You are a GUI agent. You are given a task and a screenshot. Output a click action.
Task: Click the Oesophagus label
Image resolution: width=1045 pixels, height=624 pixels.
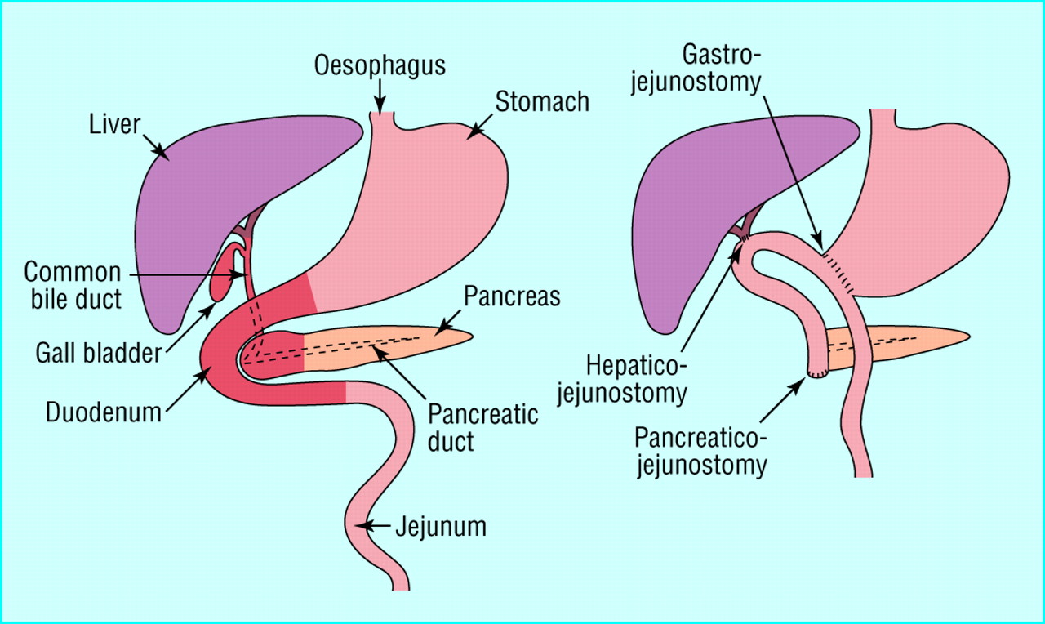click(x=380, y=65)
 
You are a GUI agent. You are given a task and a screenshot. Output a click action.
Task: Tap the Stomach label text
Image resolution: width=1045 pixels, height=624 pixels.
click(x=542, y=102)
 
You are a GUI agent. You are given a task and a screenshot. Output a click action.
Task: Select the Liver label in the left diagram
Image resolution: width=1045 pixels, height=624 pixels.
click(x=116, y=125)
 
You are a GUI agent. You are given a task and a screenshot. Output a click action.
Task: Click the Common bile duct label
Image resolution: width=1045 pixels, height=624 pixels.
click(x=73, y=284)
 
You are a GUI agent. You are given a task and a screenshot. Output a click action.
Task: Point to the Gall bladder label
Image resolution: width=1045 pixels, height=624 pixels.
click(x=97, y=354)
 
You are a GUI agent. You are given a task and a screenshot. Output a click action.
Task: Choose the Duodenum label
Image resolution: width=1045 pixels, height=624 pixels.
click(x=102, y=411)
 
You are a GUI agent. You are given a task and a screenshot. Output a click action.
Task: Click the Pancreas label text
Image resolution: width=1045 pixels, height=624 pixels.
click(x=512, y=296)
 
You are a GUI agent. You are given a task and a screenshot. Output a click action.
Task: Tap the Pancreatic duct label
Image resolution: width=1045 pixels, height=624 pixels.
click(x=483, y=427)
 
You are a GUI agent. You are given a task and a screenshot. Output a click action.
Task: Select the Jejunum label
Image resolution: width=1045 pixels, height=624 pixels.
click(x=441, y=527)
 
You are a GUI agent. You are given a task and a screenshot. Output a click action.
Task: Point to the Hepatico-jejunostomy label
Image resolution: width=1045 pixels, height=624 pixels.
click(x=623, y=377)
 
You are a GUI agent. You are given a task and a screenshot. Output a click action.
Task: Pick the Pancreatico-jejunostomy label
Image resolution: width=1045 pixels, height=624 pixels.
click(x=701, y=452)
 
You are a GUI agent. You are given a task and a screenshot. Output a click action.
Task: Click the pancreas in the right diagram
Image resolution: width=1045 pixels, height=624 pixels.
click(x=914, y=337)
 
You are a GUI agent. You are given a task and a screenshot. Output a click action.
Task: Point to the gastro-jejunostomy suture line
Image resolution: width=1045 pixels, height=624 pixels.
click(x=841, y=272)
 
